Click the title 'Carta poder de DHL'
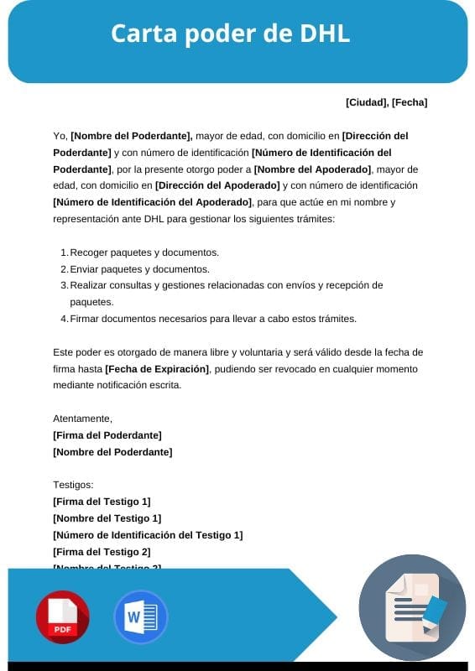pyautogui.click(x=230, y=34)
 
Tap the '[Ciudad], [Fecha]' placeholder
pyautogui.click(x=386, y=102)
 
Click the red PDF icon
pyautogui.click(x=62, y=617)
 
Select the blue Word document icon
pyautogui.click(x=140, y=617)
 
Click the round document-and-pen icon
pyautogui.click(x=412, y=608)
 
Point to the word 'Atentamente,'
pyautogui.click(x=82, y=419)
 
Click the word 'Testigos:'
pyautogui.click(x=74, y=485)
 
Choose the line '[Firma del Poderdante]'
pyautogui.click(x=107, y=435)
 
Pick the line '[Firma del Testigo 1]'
pyautogui.click(x=102, y=502)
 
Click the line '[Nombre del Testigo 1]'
pyautogui.click(x=107, y=518)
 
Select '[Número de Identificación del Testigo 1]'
pyautogui.click(x=147, y=535)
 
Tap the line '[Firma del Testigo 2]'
pyautogui.click(x=102, y=552)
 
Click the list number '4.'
pyautogui.click(x=64, y=319)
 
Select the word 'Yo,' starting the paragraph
pyautogui.click(x=60, y=135)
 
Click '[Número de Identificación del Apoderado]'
pyautogui.click(x=152, y=202)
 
